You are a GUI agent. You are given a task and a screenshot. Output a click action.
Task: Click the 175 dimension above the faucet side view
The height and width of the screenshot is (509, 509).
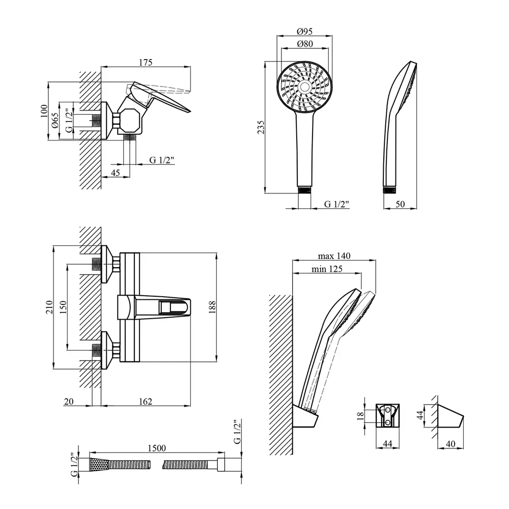146,63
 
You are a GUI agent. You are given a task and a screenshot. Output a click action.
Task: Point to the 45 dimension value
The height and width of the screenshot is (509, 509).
115,173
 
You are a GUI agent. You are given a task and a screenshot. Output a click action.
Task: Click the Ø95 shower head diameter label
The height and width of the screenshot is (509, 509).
304,31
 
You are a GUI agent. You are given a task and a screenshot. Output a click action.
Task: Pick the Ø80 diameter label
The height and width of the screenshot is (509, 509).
304,44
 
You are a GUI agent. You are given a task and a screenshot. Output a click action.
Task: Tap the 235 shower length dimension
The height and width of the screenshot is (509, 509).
261,128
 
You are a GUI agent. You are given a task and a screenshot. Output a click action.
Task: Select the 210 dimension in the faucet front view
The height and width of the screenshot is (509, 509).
49,307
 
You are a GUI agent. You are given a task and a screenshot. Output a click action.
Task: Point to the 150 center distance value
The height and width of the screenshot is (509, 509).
63,307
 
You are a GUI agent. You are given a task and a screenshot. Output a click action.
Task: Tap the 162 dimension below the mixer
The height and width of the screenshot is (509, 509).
146,402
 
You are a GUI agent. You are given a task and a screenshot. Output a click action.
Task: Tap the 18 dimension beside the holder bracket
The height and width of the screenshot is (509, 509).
361,416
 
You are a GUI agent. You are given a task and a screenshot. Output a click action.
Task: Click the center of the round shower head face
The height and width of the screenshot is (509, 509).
304,87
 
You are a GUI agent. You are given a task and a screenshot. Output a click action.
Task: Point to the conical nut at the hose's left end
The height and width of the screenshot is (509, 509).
99,464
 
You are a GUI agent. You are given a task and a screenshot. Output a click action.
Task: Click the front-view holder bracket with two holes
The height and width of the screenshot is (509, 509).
387,415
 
